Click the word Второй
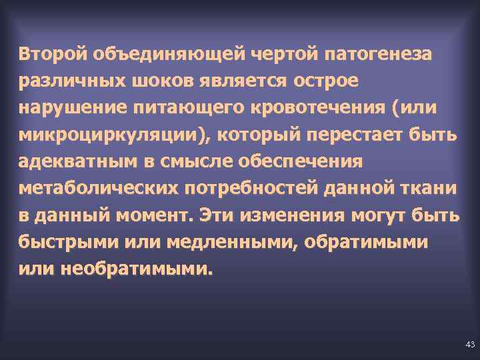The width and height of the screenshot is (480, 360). pos(53,53)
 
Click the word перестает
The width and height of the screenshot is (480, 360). pos(362,135)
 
